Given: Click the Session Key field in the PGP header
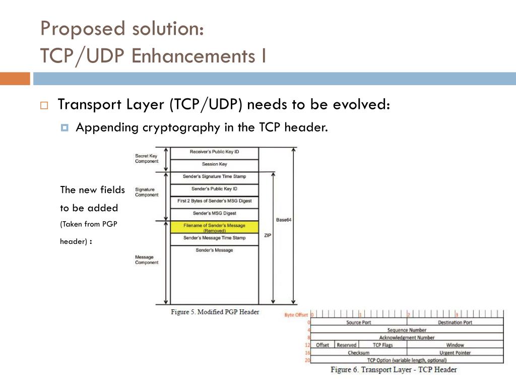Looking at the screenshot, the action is point(214,164).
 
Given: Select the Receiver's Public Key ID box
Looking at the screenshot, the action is point(214,152).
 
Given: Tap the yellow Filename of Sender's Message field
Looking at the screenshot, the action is point(214,227).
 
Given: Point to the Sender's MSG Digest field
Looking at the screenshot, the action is point(214,213).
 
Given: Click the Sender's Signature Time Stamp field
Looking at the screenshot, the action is point(214,177).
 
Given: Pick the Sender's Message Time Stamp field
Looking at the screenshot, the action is point(214,238).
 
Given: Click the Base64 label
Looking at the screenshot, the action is point(284,220).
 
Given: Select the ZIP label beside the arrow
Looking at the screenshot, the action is point(268,235).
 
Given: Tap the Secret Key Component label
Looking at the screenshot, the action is point(147,159).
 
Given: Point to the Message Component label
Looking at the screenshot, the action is point(147,260).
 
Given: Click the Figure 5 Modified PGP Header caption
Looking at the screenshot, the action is point(215,312).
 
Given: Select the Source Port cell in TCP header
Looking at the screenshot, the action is point(358,322).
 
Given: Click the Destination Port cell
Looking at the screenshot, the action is point(455,322).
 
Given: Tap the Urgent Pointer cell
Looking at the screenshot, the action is point(455,353).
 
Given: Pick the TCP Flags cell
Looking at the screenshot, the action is point(382,345).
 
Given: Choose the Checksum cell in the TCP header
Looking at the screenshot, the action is point(358,353).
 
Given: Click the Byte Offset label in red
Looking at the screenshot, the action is point(296,315).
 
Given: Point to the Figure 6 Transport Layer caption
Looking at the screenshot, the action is point(394,370).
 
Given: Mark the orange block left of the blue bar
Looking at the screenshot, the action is point(15,79).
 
